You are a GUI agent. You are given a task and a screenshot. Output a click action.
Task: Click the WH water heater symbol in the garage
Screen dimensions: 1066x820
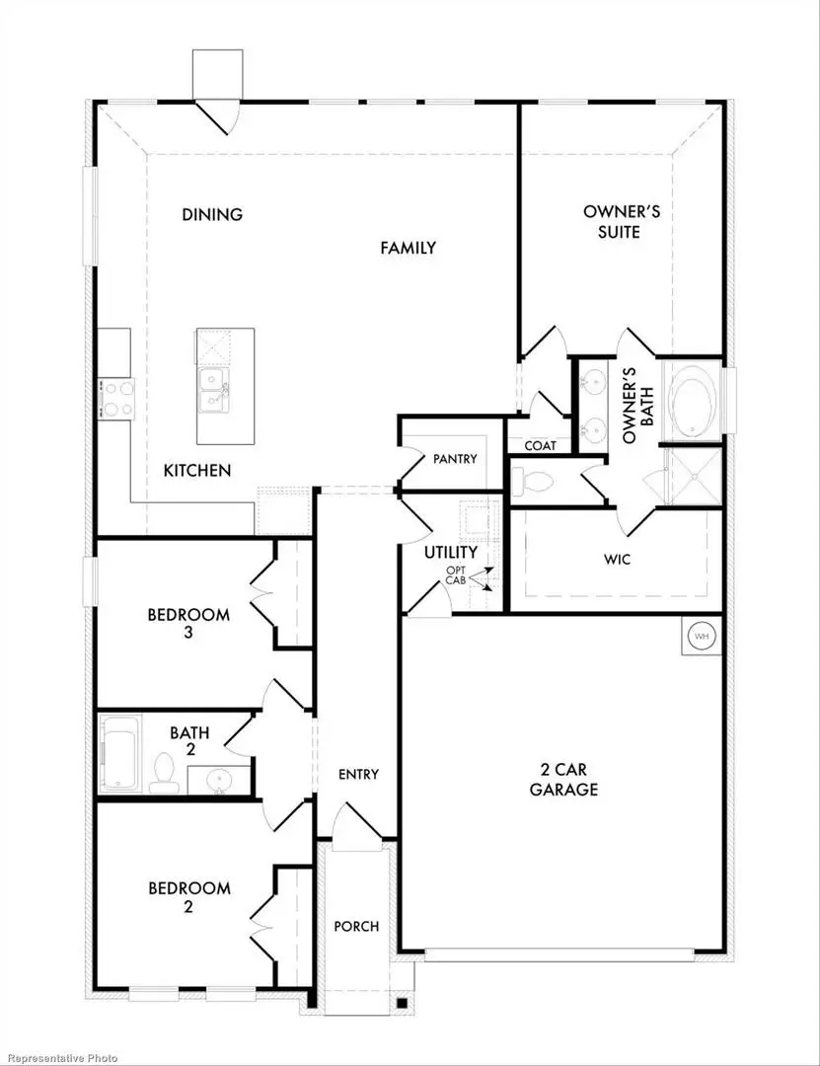click(702, 637)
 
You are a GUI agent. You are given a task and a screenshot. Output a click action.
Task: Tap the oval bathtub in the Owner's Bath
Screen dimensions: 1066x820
click(695, 403)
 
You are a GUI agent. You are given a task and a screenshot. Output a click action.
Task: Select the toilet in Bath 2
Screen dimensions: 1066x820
click(163, 774)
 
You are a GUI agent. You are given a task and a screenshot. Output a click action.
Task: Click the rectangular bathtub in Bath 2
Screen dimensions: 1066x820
click(119, 754)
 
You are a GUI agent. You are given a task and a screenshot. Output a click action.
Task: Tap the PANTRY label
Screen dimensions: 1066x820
click(455, 459)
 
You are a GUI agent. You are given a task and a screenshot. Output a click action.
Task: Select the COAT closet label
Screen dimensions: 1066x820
click(540, 446)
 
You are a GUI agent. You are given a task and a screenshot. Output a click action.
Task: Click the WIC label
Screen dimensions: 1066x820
click(619, 560)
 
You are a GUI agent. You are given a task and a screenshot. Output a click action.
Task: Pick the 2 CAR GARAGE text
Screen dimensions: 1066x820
click(563, 779)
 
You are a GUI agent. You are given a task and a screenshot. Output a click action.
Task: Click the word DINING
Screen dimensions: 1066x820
click(212, 214)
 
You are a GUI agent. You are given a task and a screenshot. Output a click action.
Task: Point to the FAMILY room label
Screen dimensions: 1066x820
click(408, 248)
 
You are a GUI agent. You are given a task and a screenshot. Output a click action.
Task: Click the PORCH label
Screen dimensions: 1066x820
click(356, 926)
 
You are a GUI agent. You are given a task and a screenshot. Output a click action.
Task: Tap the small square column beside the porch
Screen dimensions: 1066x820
click(402, 1004)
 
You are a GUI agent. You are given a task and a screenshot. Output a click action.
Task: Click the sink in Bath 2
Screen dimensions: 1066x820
click(219, 781)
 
